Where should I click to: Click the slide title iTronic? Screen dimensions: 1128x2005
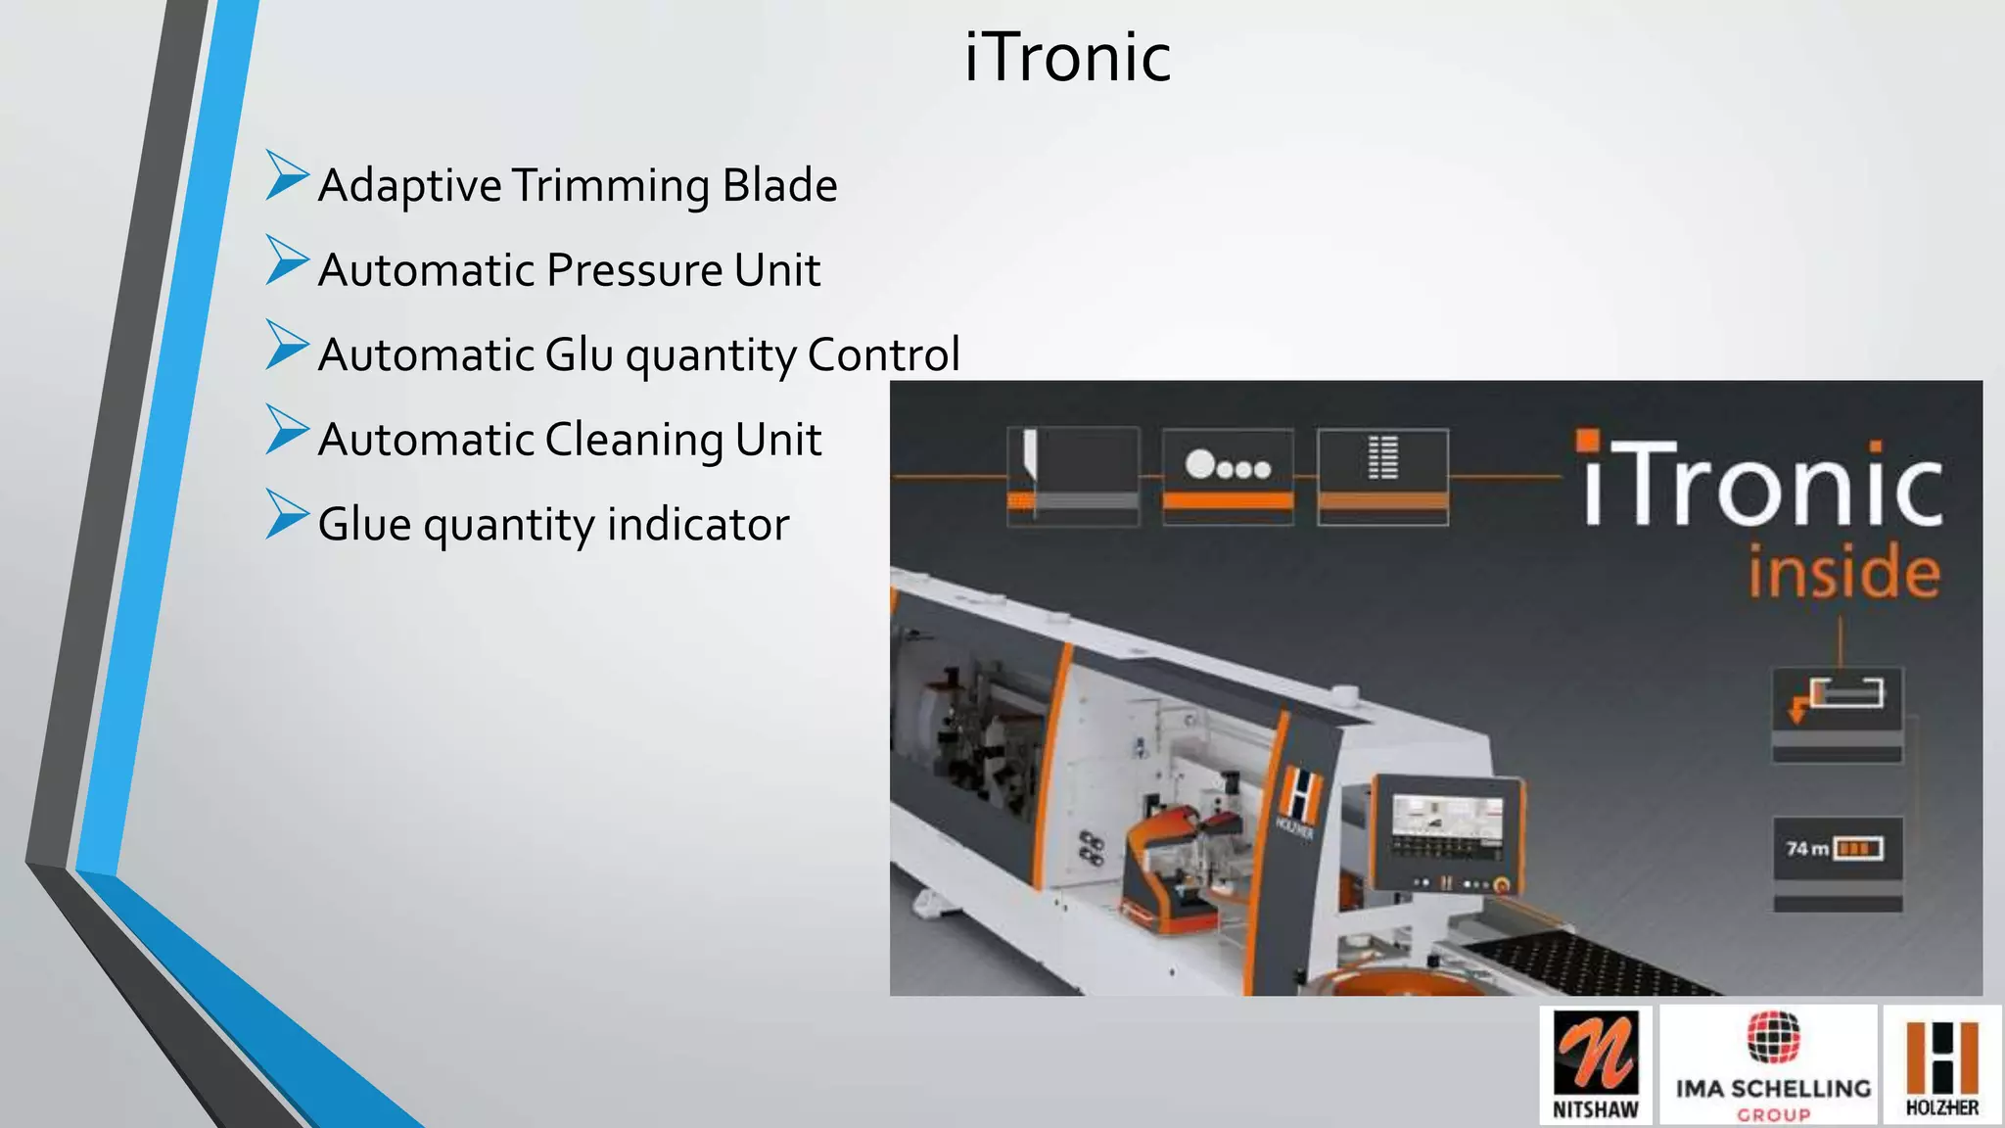[x=1067, y=58]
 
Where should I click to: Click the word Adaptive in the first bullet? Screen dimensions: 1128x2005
[x=410, y=186]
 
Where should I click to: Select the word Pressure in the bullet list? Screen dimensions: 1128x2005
[x=633, y=270]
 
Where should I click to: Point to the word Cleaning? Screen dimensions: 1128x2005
[x=633, y=440]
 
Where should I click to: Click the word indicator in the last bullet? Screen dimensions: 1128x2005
[x=698, y=525]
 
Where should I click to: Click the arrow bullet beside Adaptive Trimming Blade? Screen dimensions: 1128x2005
[x=286, y=176]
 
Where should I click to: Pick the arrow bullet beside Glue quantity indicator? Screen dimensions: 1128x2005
[x=286, y=515]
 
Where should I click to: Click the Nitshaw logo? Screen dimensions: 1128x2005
[x=1595, y=1064]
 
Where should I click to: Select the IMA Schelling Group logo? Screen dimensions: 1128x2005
[x=1772, y=1064]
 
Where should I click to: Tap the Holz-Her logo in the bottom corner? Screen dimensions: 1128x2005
[x=1941, y=1064]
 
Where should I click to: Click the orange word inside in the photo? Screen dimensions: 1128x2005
[x=1843, y=572]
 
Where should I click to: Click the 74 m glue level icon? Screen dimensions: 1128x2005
[x=1838, y=849]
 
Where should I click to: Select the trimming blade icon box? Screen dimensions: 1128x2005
[x=1073, y=476]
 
